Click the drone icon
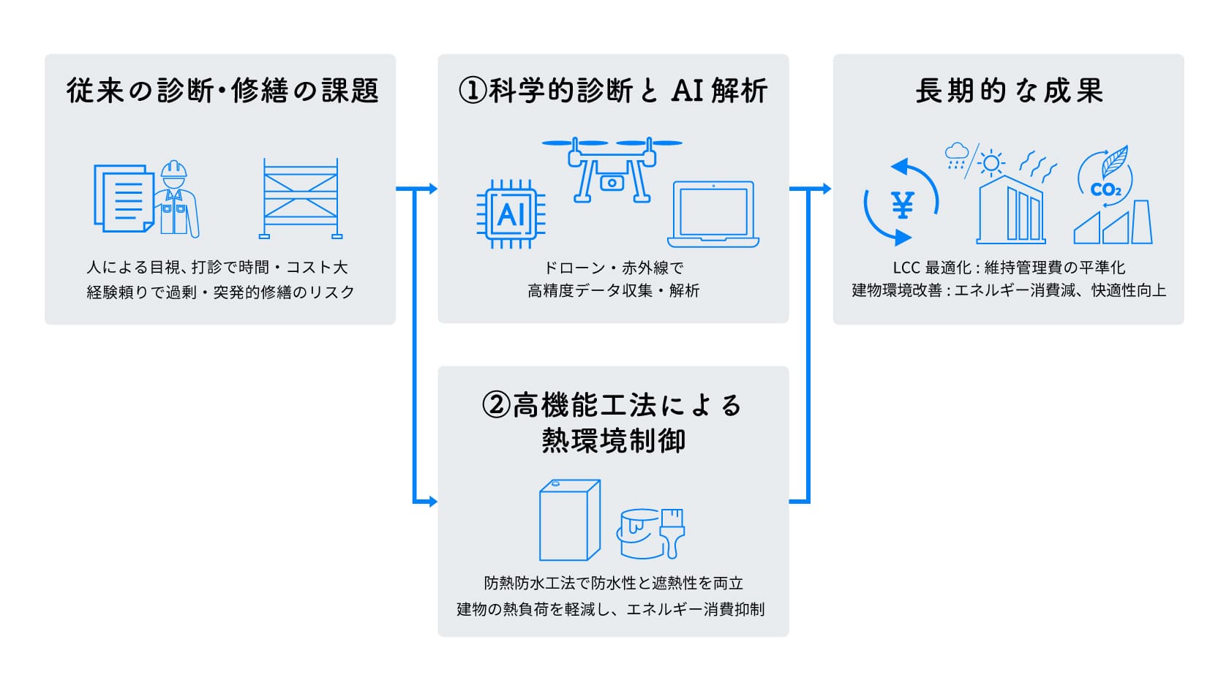(612, 170)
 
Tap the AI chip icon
(511, 214)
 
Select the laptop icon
(713, 214)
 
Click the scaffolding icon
(301, 198)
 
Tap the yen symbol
(903, 205)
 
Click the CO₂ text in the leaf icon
(1105, 190)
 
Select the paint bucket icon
(638, 534)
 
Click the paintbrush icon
(673, 532)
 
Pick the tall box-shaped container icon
(569, 520)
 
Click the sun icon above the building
(991, 162)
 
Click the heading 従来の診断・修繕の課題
(222, 91)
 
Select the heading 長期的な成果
(1008, 91)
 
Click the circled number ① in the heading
(472, 91)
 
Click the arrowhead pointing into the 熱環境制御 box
(432, 502)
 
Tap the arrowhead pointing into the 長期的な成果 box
(827, 189)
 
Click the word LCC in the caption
(907, 268)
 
